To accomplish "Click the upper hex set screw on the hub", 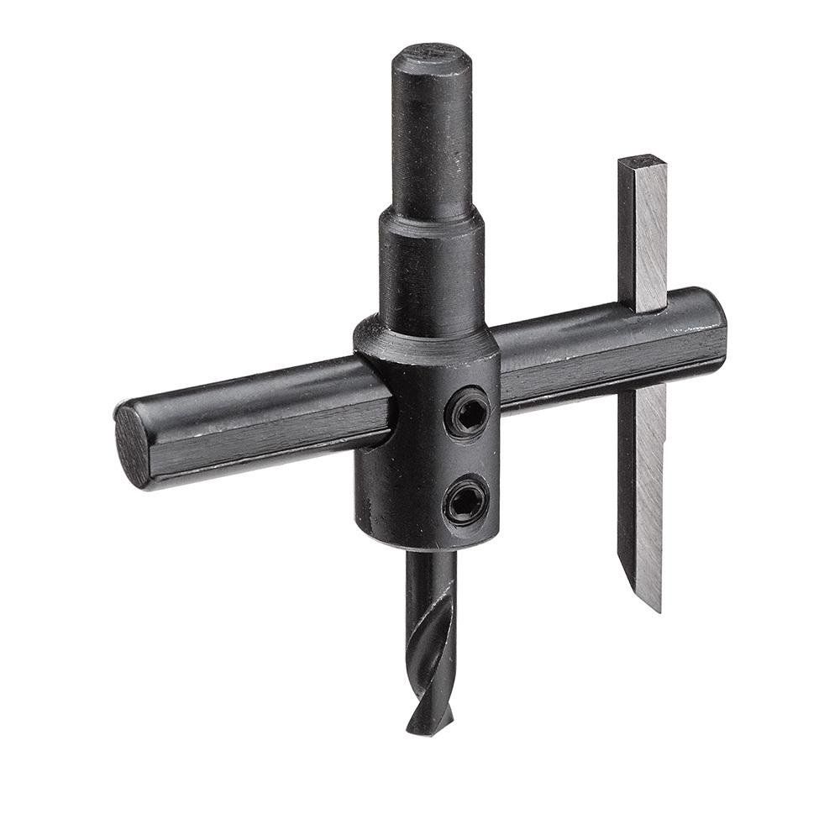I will [x=467, y=413].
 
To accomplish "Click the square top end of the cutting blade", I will [x=643, y=161].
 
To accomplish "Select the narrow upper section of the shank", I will [x=432, y=134].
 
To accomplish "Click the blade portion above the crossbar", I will [x=643, y=235].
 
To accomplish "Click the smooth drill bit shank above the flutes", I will [x=430, y=580].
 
